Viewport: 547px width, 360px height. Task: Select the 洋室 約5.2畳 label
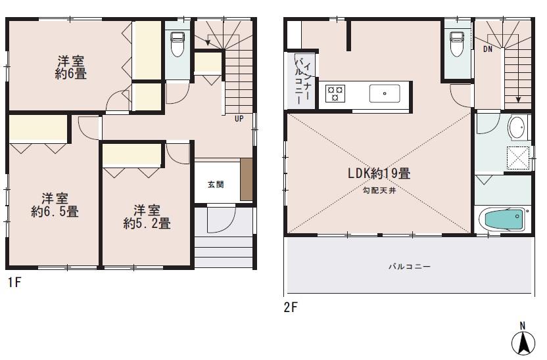point(147,217)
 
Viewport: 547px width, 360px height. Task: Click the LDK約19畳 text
point(379,174)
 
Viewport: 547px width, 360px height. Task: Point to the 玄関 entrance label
point(215,184)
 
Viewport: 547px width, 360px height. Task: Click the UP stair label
point(239,119)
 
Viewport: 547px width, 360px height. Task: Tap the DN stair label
point(488,49)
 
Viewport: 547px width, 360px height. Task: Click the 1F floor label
point(14,284)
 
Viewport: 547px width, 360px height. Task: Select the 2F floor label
point(291,306)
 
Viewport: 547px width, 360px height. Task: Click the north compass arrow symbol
point(523,341)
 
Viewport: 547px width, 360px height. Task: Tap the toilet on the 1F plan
point(177,45)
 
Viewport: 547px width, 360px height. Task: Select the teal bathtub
point(503,219)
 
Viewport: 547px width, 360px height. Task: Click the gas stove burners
point(335,94)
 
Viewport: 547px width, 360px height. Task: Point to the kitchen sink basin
point(384,94)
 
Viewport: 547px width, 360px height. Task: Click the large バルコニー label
point(408,267)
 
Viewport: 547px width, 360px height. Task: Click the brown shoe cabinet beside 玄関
point(246,179)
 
